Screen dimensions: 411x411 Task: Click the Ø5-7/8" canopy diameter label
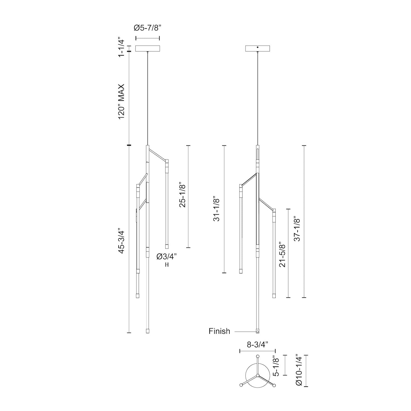(148, 28)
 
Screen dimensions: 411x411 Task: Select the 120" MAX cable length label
(121, 101)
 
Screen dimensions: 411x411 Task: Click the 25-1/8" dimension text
(182, 195)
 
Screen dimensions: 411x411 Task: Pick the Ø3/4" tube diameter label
(167, 256)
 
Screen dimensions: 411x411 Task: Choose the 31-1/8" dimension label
(216, 209)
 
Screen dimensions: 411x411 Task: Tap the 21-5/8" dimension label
(282, 254)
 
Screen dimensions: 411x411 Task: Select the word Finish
(219, 331)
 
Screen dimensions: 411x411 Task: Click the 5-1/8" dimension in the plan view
(276, 365)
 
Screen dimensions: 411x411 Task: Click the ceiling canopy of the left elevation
(148, 48)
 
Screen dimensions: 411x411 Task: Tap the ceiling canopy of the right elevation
(258, 48)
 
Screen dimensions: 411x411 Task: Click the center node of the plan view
(258, 375)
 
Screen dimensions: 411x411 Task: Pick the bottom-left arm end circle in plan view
(241, 385)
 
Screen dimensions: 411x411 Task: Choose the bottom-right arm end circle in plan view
(274, 385)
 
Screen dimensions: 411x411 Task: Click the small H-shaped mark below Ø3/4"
(166, 265)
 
